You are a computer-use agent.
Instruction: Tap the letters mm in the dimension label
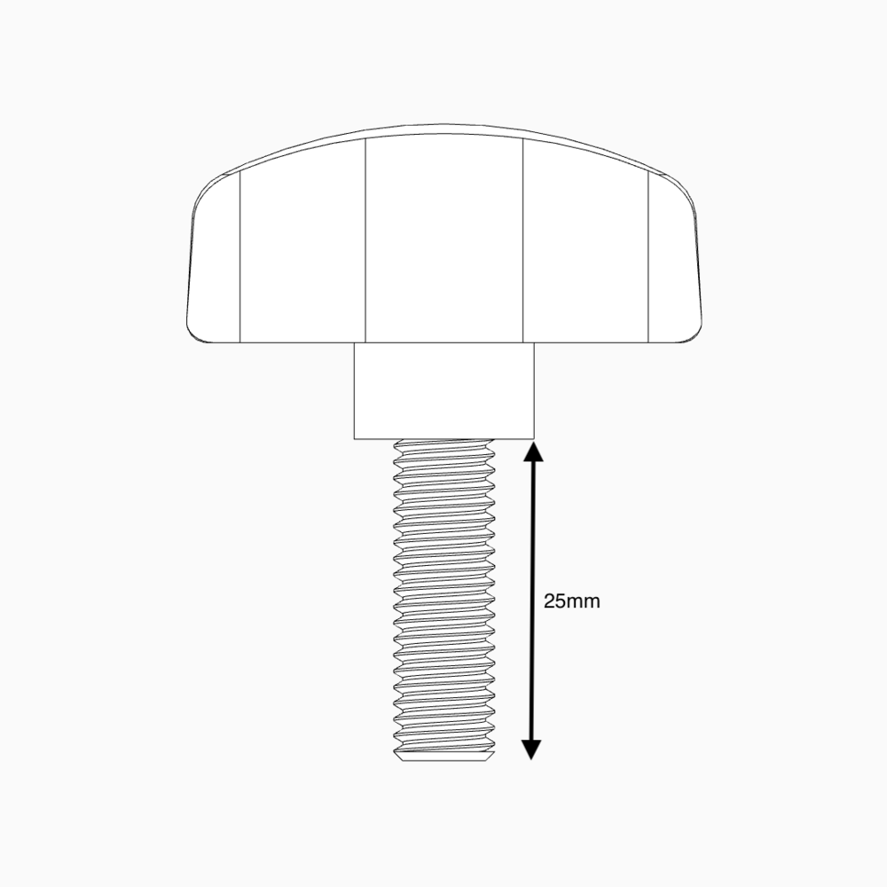pyautogui.click(x=585, y=601)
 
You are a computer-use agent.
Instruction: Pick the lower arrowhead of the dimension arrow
pyautogui.click(x=530, y=750)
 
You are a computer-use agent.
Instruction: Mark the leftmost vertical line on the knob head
pyautogui.click(x=240, y=257)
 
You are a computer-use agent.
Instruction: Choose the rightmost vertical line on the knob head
pyautogui.click(x=648, y=257)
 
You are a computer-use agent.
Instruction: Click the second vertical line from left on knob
pyautogui.click(x=366, y=239)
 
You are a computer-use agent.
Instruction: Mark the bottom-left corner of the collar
pyautogui.click(x=355, y=437)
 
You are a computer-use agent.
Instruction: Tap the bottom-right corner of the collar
pyautogui.click(x=534, y=437)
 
